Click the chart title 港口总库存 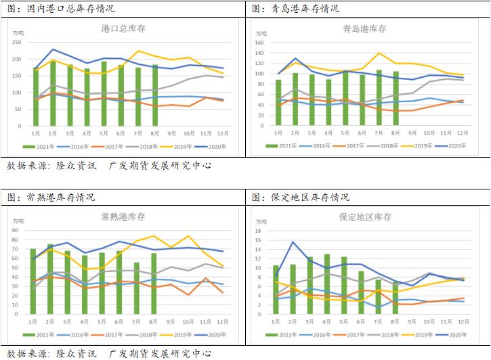click(123, 28)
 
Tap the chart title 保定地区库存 click(365, 217)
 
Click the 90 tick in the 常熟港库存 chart click(21, 230)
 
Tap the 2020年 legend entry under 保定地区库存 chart click(455, 334)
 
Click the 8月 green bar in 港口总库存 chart click(155, 95)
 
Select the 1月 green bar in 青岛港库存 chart click(278, 102)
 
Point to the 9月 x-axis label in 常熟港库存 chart click(172, 321)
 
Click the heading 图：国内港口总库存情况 click(61, 9)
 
